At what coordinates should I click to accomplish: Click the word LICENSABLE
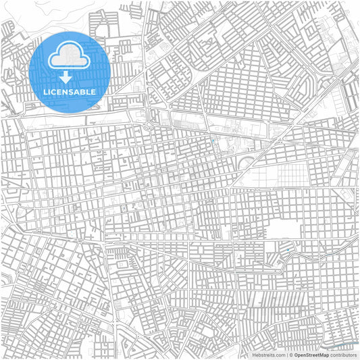(x=70, y=91)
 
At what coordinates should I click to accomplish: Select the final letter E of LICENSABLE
(x=93, y=91)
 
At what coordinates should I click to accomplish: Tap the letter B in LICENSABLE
(x=83, y=91)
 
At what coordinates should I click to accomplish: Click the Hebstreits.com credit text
(x=268, y=355)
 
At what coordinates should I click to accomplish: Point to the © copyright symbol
(x=290, y=355)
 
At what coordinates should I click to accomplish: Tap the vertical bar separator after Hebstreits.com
(x=286, y=355)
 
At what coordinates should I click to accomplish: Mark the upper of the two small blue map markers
(x=213, y=141)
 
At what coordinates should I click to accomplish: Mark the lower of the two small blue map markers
(x=288, y=251)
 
